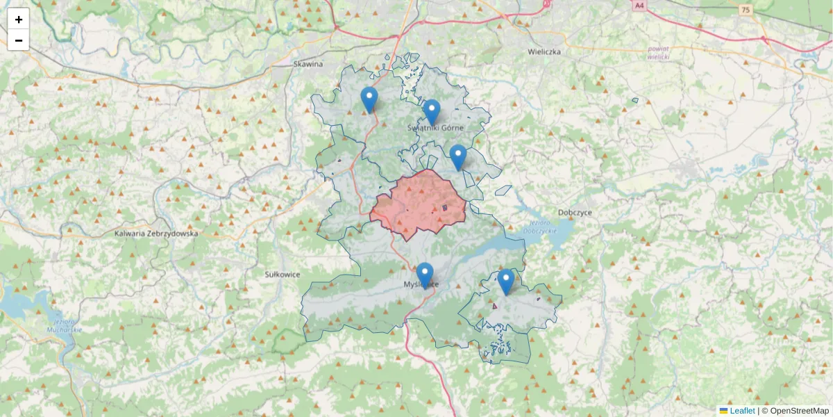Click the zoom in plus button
[19, 19]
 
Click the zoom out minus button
[19, 40]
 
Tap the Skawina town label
[308, 64]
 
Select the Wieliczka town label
[544, 51]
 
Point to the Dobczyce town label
[575, 213]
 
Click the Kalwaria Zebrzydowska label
[156, 234]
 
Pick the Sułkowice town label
[283, 275]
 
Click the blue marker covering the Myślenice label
[425, 275]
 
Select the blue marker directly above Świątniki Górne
[432, 111]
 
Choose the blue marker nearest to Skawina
[369, 99]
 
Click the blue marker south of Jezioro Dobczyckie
[506, 281]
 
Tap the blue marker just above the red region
[457, 157]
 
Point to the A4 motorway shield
[639, 5]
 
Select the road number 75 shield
[746, 9]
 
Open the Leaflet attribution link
[741, 411]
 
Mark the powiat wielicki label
[657, 53]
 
